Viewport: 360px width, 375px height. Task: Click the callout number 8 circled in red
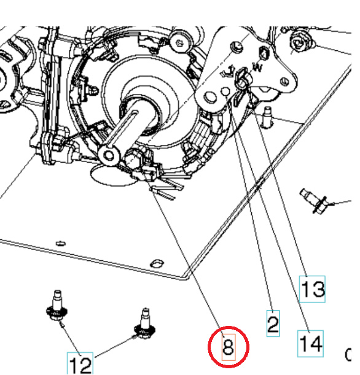coord(228,348)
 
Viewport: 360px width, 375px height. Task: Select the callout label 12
coord(80,365)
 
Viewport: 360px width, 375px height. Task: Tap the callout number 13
coord(313,289)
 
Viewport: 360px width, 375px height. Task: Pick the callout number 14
coord(311,344)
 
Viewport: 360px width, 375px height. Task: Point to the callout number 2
coord(273,323)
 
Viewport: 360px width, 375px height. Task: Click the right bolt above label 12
coord(143,326)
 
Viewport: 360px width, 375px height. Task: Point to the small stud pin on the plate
coord(267,115)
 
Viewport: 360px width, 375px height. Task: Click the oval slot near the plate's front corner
coord(157,263)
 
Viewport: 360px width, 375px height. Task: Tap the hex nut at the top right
coord(301,41)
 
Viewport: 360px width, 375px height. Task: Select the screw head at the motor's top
coord(179,41)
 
